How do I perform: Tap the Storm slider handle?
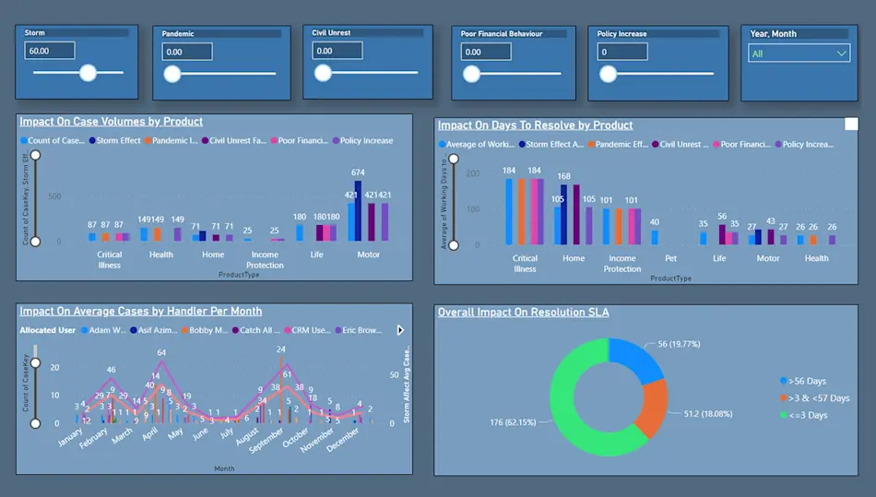88,73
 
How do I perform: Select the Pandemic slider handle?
172,74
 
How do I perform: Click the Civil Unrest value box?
336,52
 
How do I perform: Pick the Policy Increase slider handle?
608,74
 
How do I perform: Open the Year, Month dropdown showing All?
799,53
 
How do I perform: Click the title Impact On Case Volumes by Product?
112,122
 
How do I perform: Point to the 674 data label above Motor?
358,172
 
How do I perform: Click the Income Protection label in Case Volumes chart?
265,260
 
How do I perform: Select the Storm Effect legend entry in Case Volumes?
115,141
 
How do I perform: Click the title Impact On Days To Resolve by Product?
535,125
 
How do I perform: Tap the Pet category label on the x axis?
670,259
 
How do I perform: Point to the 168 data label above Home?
564,176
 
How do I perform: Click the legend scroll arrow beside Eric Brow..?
400,329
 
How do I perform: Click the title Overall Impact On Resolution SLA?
523,313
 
